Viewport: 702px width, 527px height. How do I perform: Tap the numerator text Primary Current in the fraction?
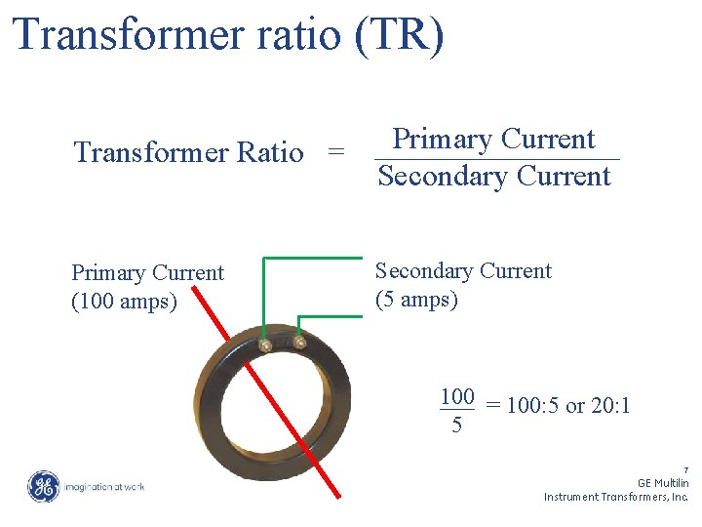[493, 140]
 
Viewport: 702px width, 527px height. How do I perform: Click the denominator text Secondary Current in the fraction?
[494, 177]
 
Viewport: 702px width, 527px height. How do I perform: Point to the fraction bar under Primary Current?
[496, 159]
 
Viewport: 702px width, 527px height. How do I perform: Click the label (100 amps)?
[124, 302]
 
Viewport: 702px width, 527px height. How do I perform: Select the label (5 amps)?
[416, 299]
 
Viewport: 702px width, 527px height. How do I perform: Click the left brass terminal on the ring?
[264, 344]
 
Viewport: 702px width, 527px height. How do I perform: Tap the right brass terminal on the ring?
[299, 342]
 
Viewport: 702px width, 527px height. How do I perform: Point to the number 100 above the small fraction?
[456, 396]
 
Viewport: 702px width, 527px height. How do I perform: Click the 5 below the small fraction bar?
[456, 426]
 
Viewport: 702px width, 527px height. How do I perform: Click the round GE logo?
[43, 486]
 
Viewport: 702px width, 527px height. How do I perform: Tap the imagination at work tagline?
[105, 486]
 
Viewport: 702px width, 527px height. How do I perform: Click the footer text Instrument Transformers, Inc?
[616, 497]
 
